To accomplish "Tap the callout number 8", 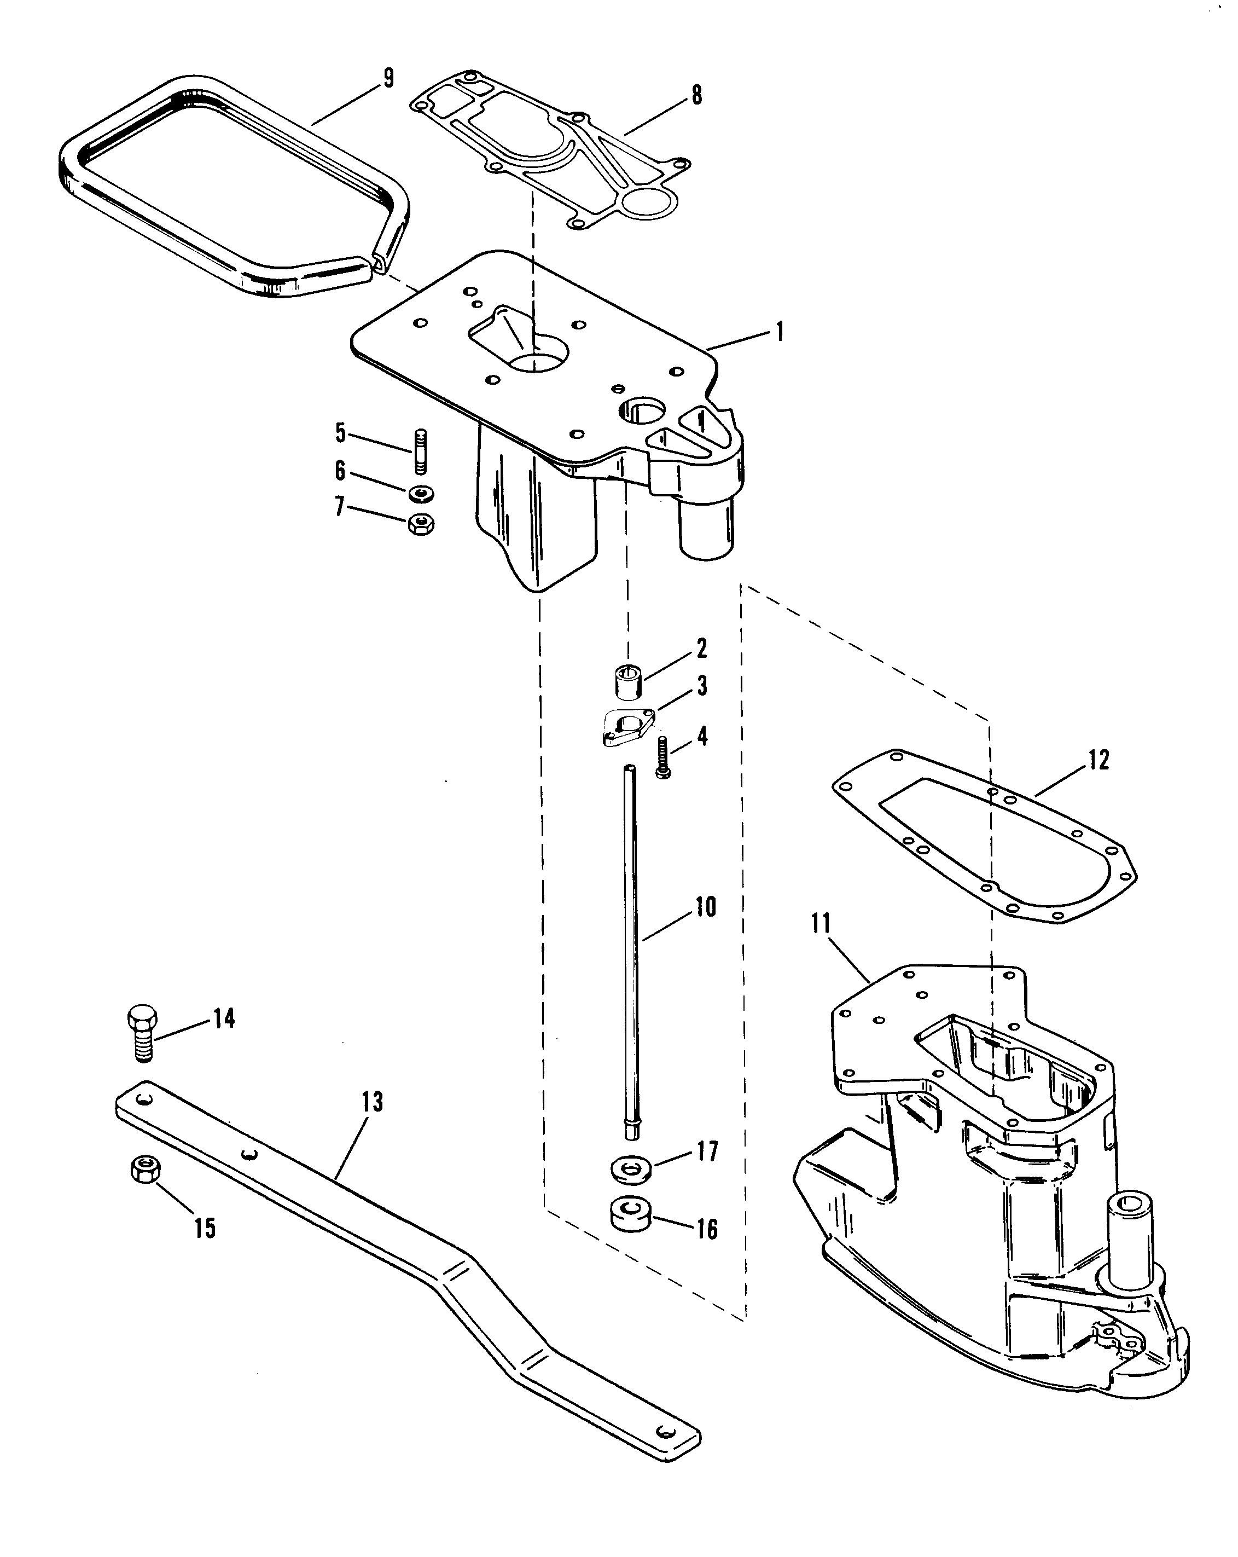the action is [696, 95].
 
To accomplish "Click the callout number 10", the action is [705, 906].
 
